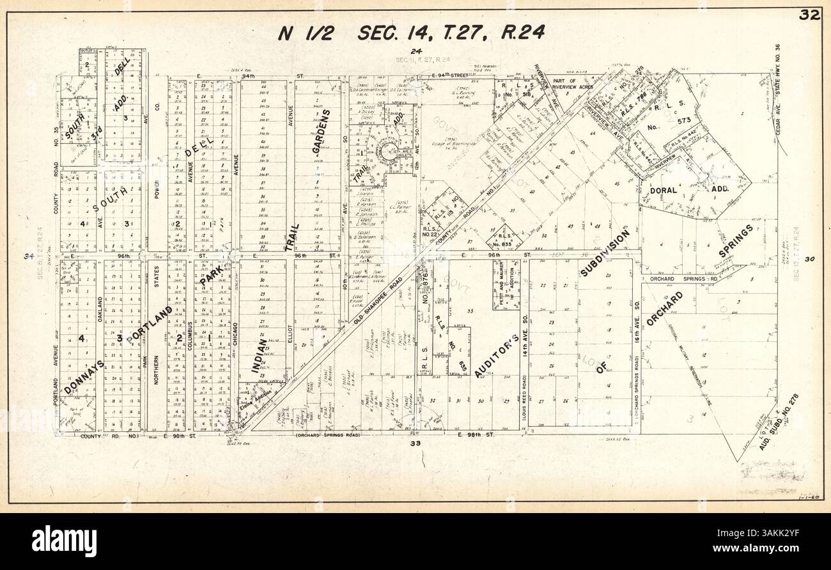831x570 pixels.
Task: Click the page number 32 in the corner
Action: point(811,16)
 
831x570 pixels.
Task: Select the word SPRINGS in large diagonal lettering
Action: point(736,241)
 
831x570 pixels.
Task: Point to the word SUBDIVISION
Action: point(605,254)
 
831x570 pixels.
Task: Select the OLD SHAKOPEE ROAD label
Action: point(379,299)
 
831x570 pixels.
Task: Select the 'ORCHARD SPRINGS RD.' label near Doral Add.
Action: point(687,279)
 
